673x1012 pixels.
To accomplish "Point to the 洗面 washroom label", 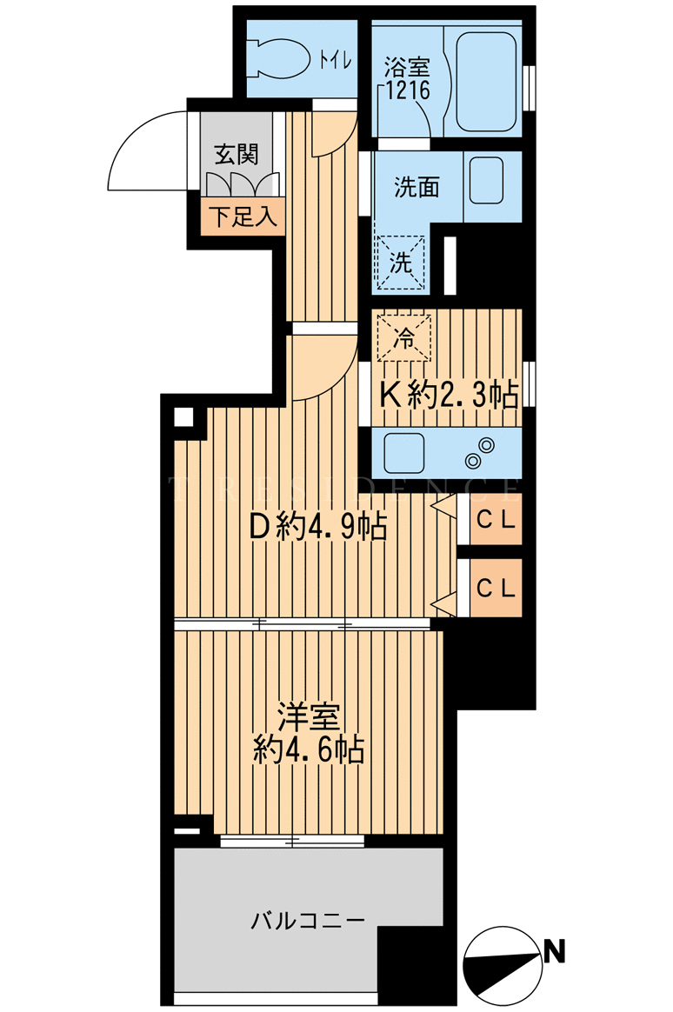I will click(x=416, y=187).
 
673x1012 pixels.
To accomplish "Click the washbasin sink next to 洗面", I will click(x=488, y=177).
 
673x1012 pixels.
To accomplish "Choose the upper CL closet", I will click(x=496, y=521).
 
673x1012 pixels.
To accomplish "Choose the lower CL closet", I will click(x=496, y=587).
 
